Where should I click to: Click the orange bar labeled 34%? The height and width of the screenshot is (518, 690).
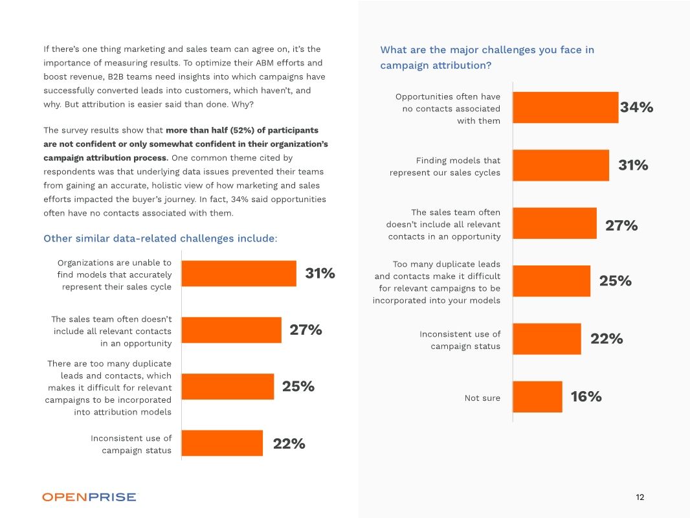[565, 107]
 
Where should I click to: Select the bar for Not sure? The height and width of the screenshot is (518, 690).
[537, 397]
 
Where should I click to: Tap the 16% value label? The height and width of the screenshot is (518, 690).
[586, 397]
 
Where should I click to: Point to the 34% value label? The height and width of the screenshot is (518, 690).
[636, 107]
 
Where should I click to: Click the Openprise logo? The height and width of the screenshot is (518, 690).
[89, 497]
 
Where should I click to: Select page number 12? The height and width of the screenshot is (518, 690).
[640, 497]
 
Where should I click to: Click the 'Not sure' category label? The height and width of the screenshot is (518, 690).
[482, 398]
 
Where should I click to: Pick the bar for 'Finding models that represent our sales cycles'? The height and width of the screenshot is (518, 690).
[561, 165]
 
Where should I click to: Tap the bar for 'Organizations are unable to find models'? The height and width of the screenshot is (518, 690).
[239, 274]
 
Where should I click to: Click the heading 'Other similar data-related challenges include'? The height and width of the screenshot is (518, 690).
[160, 238]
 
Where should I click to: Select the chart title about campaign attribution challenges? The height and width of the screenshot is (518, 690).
[487, 58]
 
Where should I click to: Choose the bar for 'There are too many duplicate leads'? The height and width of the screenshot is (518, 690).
[227, 387]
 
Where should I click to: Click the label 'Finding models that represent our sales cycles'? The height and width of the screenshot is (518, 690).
[445, 166]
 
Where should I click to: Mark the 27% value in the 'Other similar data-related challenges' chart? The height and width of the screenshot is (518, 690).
[306, 330]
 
